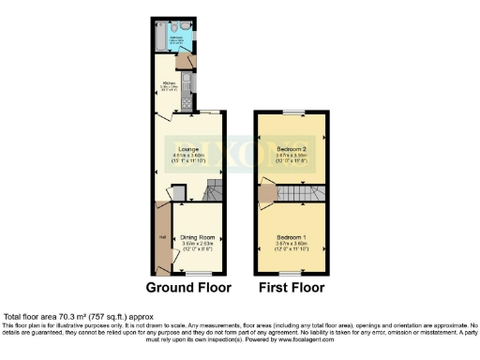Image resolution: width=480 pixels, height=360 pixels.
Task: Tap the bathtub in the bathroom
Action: [160, 36]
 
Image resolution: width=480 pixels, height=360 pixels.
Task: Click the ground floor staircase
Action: [214, 192]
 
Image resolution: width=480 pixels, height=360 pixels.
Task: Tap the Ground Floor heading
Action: [188, 286]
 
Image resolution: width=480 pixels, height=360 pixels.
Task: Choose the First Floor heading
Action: [291, 286]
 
